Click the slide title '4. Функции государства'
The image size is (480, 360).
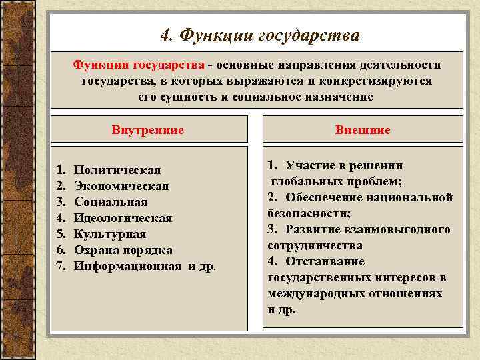(259, 35)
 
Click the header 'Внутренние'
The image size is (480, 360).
(148, 129)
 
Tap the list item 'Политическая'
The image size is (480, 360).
(117, 170)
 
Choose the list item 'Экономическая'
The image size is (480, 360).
(121, 186)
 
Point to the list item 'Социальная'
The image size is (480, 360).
(111, 202)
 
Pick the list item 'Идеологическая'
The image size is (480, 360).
(123, 218)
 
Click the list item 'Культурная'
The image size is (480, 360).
(109, 234)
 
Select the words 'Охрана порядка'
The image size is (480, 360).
(123, 250)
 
